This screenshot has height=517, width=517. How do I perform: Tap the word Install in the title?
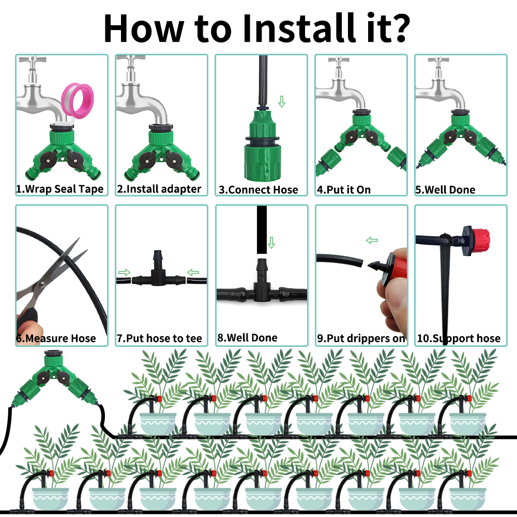coord(299,28)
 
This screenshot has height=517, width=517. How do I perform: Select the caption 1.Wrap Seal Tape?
coord(60,189)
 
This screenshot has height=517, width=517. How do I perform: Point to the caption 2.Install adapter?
coord(159,189)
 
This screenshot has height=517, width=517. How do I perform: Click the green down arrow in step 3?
coord(282,101)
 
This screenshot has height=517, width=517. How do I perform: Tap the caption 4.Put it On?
coord(344,190)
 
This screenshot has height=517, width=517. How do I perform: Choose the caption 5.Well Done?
coord(445,190)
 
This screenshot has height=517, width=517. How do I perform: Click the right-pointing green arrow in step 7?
coord(124,272)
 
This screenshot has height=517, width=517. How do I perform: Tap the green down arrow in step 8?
coord(271,242)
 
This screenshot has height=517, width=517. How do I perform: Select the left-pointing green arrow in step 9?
coord(372,240)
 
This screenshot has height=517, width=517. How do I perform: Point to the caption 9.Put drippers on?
coord(361,338)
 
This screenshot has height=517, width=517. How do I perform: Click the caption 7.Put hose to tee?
coord(160,338)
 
